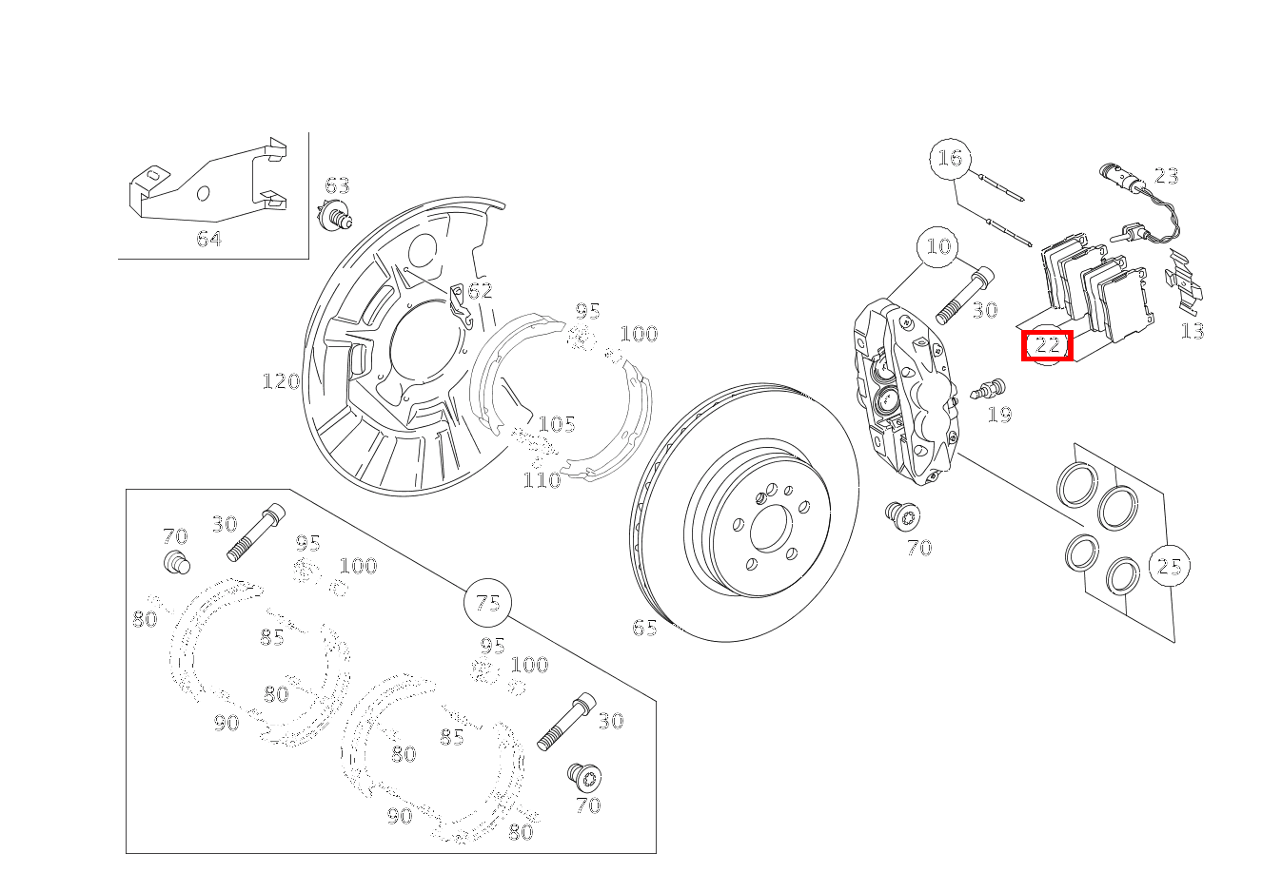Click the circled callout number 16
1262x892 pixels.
(x=950, y=158)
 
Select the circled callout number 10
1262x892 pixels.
(x=938, y=247)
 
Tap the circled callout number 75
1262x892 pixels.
(x=487, y=603)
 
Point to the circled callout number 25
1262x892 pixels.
(x=1169, y=567)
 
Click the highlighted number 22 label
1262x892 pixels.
(x=1047, y=345)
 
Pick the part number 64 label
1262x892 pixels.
(x=209, y=239)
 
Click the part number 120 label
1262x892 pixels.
(x=281, y=381)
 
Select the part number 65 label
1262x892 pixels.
(x=645, y=628)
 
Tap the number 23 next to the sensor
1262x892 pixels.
(x=1166, y=176)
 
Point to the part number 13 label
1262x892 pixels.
(x=1192, y=331)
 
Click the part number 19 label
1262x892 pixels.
(x=999, y=415)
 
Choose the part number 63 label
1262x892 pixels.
(x=338, y=185)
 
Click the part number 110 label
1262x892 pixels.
(x=542, y=480)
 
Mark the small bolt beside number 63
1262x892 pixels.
(x=336, y=218)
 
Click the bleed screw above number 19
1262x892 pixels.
(x=989, y=389)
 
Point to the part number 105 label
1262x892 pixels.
(x=557, y=424)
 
